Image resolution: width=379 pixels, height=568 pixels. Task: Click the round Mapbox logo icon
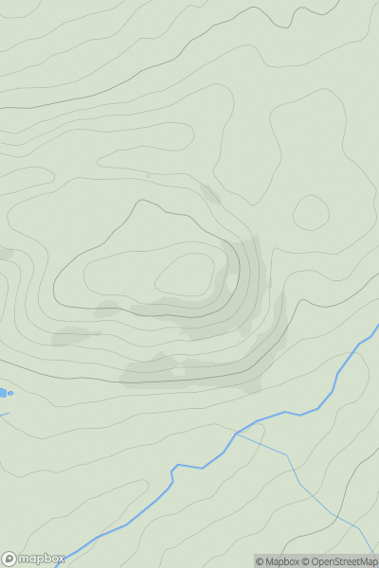click(x=9, y=559)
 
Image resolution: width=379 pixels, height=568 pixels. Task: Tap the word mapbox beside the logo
click(x=39, y=559)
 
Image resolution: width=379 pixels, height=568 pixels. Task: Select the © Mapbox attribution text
click(x=277, y=561)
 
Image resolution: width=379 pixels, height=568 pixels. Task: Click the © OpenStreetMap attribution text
click(x=339, y=561)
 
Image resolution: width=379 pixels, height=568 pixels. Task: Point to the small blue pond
click(x=4, y=392)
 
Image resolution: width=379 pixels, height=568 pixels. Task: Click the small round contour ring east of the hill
click(x=310, y=212)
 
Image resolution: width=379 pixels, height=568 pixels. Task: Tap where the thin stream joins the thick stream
click(x=237, y=434)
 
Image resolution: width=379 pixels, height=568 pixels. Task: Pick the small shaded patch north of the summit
click(x=209, y=194)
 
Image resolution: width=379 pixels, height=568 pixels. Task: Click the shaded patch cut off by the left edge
click(x=5, y=254)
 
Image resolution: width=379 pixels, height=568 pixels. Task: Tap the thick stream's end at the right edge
click(x=377, y=327)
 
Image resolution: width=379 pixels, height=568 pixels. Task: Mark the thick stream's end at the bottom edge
click(x=59, y=565)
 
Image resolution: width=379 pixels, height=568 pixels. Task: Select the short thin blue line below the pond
click(x=4, y=414)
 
